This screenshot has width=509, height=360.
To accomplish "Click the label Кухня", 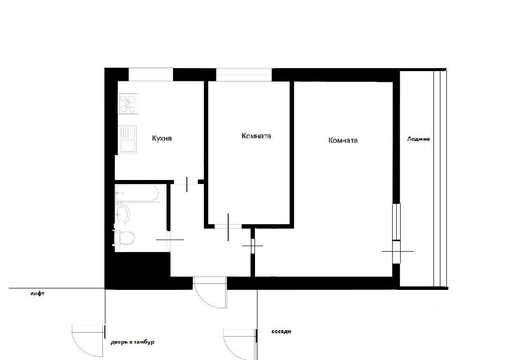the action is [162, 139].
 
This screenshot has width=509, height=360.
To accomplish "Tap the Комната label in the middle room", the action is [256, 136].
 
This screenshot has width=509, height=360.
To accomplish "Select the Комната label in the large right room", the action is [343, 140].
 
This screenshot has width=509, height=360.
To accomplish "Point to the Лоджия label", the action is [418, 139].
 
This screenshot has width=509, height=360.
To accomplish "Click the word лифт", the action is [37, 294].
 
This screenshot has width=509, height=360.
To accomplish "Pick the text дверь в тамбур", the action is [132, 342].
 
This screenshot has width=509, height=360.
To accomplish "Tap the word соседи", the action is [281, 332].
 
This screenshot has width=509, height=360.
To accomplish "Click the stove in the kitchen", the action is [129, 103].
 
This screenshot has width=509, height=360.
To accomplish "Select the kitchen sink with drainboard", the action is [128, 139].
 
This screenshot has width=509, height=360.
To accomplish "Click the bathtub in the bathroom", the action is [137, 194].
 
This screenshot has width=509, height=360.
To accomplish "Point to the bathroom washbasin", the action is [123, 214].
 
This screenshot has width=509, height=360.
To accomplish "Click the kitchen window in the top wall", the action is [151, 75].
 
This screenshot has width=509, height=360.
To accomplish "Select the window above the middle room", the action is [244, 75].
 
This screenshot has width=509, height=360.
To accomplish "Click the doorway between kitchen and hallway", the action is [186, 182].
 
